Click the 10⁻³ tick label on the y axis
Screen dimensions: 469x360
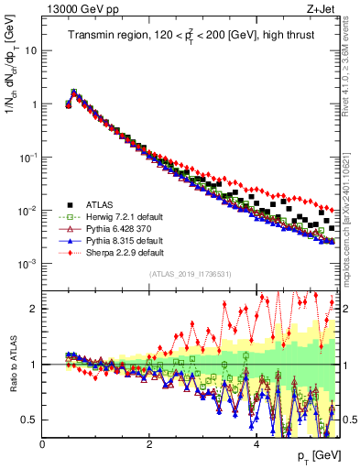pos(27,264)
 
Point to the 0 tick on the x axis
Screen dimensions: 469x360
pos(42,444)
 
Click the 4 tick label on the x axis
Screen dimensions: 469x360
pos(256,444)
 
